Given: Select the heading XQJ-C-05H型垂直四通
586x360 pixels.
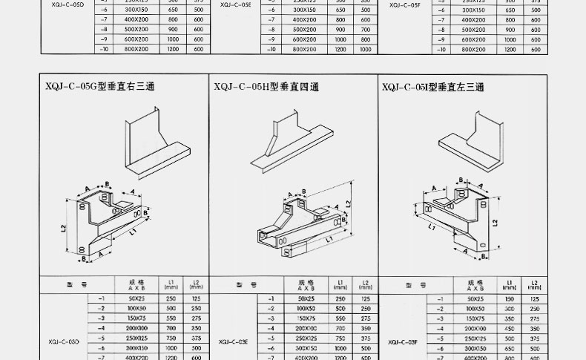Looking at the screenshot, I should (266, 88).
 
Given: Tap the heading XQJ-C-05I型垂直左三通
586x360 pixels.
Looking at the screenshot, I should (433, 88).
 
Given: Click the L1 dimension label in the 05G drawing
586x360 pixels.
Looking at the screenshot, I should (131, 233).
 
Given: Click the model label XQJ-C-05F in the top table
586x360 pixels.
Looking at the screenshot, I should (404, 5).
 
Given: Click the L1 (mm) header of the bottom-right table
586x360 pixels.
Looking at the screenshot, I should (509, 284).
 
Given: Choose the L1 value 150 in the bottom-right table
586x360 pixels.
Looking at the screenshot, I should (509, 298).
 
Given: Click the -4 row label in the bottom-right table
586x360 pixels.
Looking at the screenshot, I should (440, 327).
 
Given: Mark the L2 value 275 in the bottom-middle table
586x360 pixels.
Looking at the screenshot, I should (365, 318).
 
